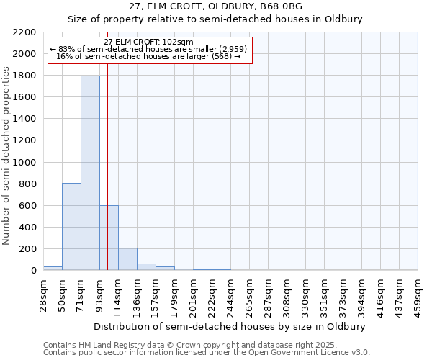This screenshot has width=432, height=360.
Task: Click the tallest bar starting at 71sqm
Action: (x=90, y=173)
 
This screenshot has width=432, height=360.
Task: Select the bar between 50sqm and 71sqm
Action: (x=71, y=227)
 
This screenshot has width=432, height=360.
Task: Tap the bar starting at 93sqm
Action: (x=109, y=238)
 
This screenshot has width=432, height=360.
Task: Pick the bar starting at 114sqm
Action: (x=127, y=259)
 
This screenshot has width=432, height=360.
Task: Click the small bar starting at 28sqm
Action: (x=53, y=268)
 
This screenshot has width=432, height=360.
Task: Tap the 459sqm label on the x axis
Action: (x=418, y=294)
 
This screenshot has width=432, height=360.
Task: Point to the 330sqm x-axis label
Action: (x=306, y=294)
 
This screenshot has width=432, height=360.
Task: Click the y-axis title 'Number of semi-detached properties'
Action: (x=6, y=156)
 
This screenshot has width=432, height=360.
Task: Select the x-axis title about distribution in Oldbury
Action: (x=230, y=326)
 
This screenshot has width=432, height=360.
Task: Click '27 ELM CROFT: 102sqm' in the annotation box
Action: (x=148, y=42)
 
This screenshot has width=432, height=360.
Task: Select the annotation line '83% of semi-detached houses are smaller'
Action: (x=148, y=49)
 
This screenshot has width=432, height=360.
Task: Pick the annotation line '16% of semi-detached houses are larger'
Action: (x=148, y=56)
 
